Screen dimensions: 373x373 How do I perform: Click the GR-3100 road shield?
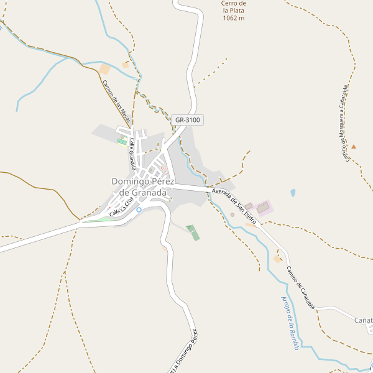[187, 119]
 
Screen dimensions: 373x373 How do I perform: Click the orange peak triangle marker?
[354, 146]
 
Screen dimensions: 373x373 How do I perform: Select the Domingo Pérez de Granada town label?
[139, 187]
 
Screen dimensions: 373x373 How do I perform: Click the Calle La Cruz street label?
[121, 207]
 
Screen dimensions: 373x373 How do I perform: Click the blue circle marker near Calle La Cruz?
[139, 210]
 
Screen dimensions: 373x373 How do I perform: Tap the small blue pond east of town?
[292, 193]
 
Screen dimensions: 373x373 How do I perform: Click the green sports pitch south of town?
[193, 233]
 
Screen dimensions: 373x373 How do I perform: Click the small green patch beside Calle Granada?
[121, 142]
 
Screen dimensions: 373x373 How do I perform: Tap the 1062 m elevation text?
[234, 18]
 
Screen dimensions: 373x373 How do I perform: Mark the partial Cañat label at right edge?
[363, 320]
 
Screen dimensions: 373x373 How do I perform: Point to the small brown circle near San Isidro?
[232, 214]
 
